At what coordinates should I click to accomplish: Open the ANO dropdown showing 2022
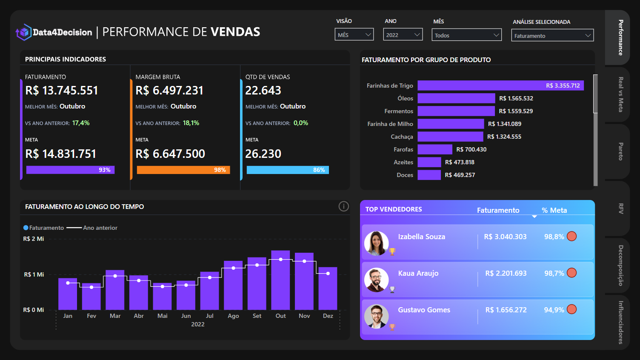tap(403, 35)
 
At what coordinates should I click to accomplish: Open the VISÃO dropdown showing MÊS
tap(354, 35)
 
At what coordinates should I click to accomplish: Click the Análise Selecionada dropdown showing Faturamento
tap(552, 36)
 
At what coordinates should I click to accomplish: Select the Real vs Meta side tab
tap(620, 94)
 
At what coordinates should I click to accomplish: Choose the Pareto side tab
tap(620, 151)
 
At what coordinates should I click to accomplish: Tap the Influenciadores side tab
tap(620, 322)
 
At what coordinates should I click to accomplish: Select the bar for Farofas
tap(434, 149)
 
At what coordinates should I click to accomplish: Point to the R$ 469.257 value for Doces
tap(460, 175)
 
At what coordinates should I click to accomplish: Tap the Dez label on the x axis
tap(328, 316)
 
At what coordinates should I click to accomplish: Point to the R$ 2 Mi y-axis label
tap(34, 239)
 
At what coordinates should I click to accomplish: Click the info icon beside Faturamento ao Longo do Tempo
tap(343, 206)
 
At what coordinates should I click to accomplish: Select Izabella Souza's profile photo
tap(376, 243)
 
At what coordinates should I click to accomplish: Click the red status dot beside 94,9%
tap(572, 309)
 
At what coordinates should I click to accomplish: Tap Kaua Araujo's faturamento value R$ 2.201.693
tap(506, 273)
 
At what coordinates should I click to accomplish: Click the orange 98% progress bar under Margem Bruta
tap(183, 170)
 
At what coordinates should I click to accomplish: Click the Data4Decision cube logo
tap(24, 32)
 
